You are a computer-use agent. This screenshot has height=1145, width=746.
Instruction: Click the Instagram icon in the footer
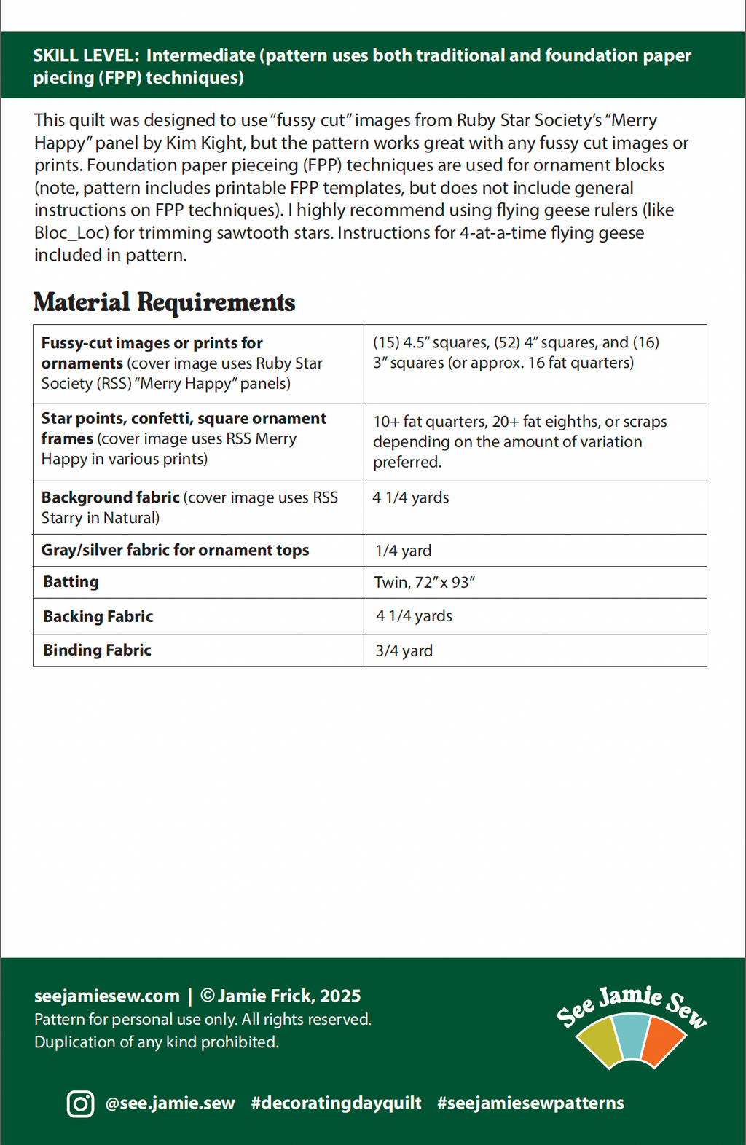(80, 1103)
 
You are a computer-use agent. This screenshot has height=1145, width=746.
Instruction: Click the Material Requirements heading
(164, 302)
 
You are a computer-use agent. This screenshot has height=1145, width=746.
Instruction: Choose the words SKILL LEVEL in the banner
(85, 56)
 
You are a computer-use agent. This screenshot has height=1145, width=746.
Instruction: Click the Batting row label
(71, 582)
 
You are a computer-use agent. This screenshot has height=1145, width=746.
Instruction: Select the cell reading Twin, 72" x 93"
(424, 582)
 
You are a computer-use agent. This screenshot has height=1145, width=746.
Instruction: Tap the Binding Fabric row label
(97, 650)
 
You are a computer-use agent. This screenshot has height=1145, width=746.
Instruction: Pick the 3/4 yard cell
(404, 650)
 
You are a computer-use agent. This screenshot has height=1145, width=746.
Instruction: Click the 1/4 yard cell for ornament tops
(403, 551)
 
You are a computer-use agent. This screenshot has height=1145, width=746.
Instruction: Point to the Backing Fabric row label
(98, 616)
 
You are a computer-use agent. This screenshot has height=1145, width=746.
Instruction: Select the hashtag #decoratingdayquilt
(336, 1103)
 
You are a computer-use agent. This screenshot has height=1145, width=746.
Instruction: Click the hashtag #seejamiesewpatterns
(530, 1103)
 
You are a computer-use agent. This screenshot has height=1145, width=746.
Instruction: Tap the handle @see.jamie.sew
(170, 1103)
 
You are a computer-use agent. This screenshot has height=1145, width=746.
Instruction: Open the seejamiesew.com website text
(106, 996)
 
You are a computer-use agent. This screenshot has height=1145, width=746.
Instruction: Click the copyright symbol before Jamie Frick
(207, 996)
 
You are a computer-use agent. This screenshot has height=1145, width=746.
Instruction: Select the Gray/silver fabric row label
(175, 551)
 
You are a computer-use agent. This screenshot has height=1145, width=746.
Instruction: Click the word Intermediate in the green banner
(200, 56)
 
